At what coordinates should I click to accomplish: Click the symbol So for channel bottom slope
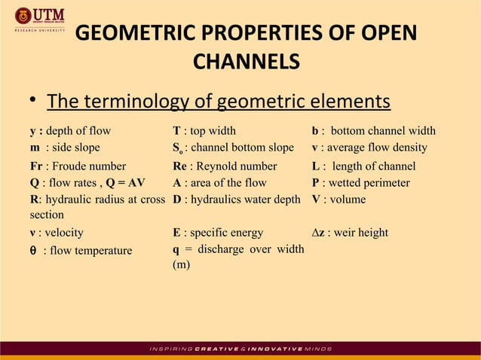tap(178, 149)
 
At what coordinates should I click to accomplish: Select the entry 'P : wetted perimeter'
tap(361, 183)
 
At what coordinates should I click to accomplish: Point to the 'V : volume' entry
tap(339, 200)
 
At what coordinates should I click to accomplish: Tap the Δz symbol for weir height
tap(320, 233)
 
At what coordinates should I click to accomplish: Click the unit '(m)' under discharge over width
tap(181, 265)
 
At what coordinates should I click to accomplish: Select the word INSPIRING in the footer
tap(170, 349)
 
